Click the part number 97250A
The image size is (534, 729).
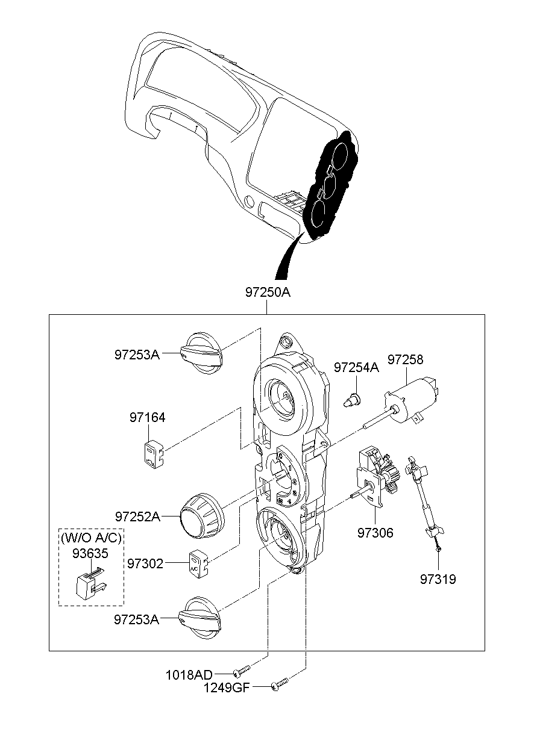point(268,293)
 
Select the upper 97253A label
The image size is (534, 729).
point(137,355)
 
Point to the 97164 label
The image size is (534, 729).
point(147,417)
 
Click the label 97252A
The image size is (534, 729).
point(137,516)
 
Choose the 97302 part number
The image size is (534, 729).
point(145,563)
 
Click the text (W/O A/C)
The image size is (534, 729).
point(91,538)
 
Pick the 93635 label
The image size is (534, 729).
point(90,553)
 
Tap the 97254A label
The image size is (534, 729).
point(356,367)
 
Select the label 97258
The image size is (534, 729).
point(405,359)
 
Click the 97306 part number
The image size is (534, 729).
point(375,533)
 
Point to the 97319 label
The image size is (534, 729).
point(438,579)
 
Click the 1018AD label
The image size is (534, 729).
point(189,675)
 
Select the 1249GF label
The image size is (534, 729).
point(227,687)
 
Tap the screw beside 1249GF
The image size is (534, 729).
point(280,683)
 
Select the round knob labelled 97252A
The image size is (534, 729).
point(202,516)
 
